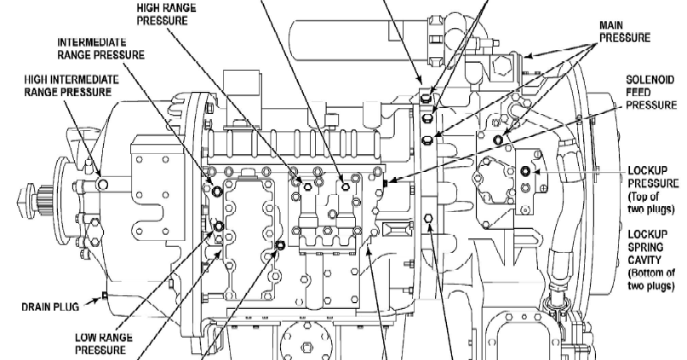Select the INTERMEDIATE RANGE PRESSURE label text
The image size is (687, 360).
click(100, 48)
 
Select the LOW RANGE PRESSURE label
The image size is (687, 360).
click(100, 343)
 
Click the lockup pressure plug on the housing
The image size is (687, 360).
click(524, 172)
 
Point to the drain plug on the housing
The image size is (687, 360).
click(104, 295)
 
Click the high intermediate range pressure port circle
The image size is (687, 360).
click(102, 183)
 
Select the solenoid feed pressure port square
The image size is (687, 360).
click(386, 181)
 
